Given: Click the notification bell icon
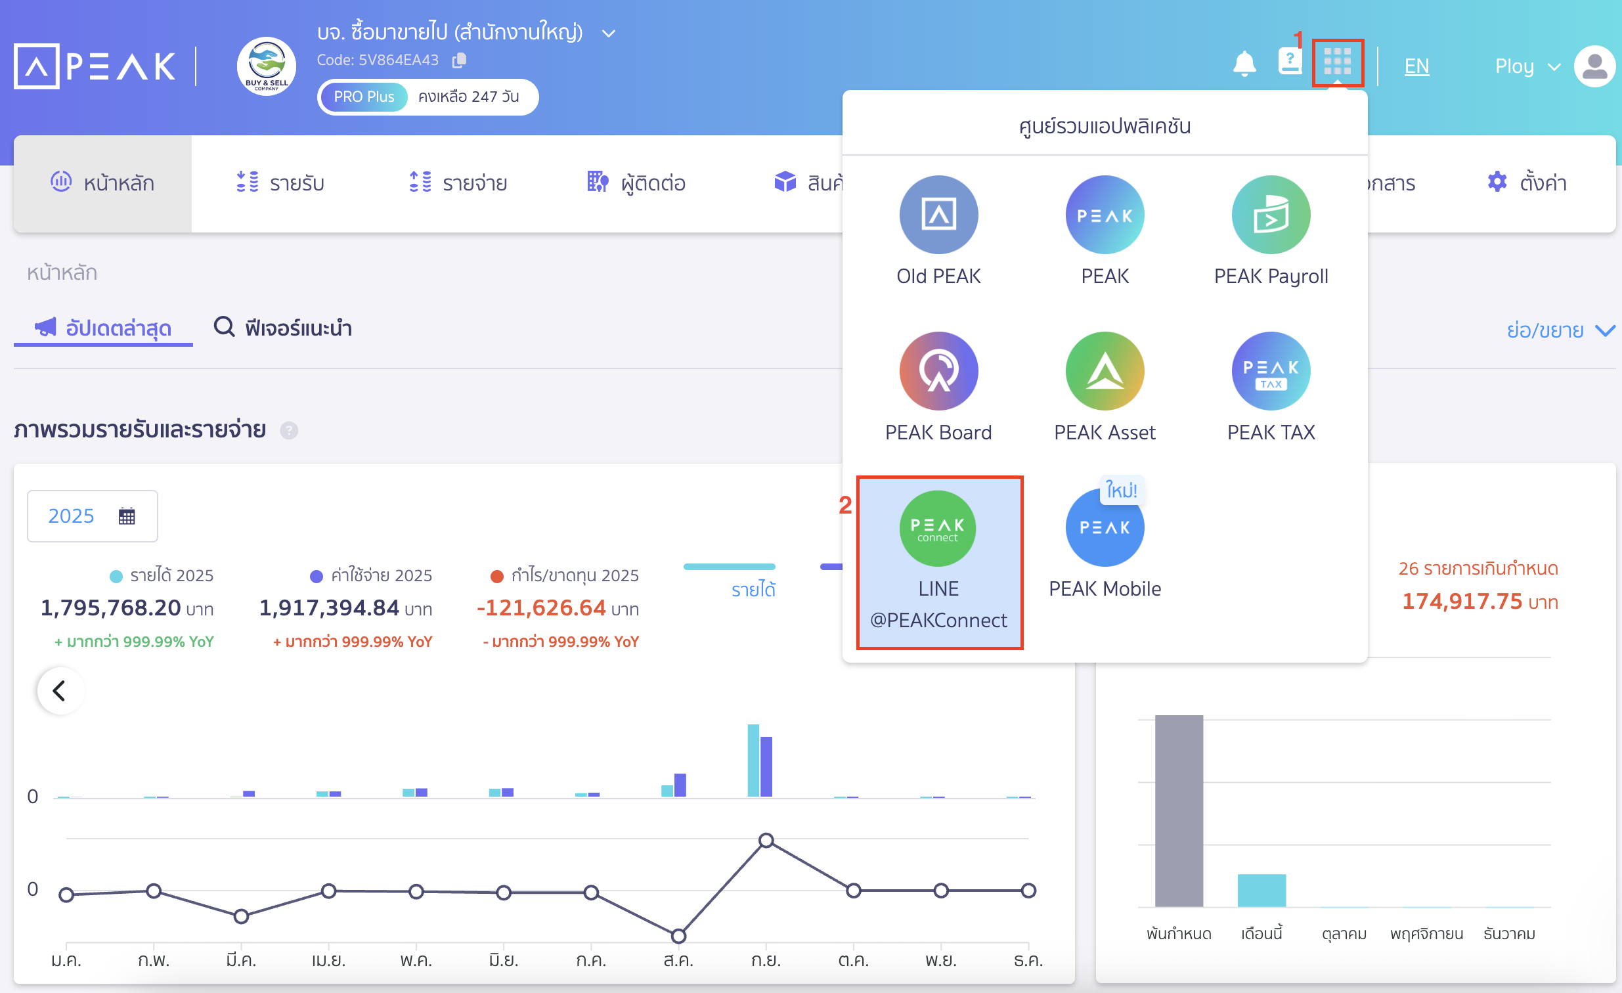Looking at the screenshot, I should click(1244, 64).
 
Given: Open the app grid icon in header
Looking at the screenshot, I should click(1337, 62).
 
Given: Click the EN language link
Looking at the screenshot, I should click(1416, 66).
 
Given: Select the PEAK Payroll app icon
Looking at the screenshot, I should click(1270, 215).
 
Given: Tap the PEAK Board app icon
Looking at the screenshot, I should click(938, 370).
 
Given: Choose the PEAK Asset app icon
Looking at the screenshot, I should click(1104, 370).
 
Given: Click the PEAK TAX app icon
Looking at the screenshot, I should click(1270, 370).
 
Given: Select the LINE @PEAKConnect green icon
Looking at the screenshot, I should click(938, 527).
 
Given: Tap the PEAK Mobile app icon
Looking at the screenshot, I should click(1104, 527).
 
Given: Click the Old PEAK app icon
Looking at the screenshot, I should click(938, 215).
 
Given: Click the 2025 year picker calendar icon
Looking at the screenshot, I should click(126, 516).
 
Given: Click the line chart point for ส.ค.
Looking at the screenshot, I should click(678, 935).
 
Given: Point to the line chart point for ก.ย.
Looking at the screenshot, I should click(766, 840).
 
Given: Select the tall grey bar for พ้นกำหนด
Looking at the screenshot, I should click(1178, 810).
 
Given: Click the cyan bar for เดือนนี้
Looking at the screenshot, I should click(1261, 891).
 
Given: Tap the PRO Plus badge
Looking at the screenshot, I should click(363, 97).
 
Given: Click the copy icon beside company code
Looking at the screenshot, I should click(459, 60).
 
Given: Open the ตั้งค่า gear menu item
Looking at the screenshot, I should click(1526, 183).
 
